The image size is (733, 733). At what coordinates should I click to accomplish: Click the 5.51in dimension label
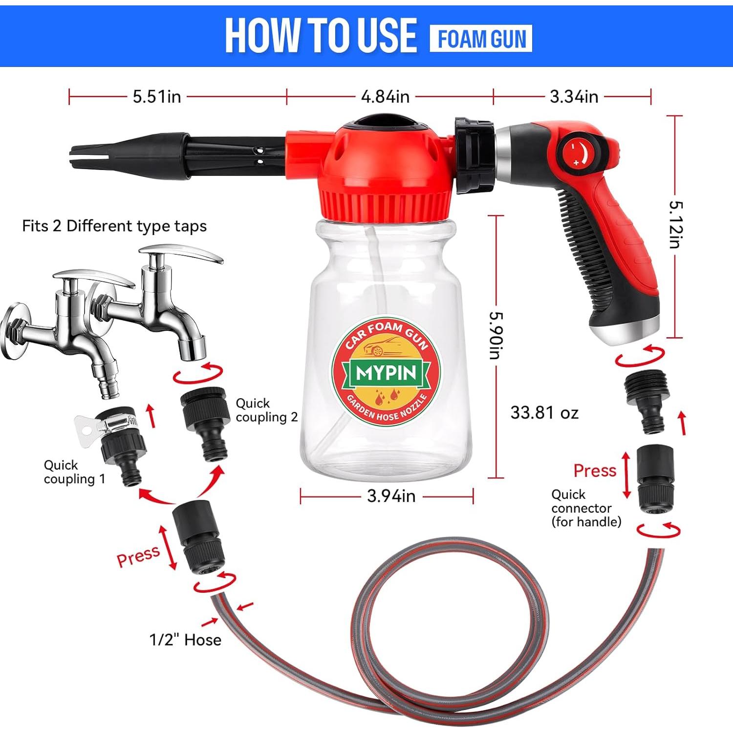click(157, 96)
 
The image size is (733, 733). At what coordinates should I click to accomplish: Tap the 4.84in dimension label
click(385, 96)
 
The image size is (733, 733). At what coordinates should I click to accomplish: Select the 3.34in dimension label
click(574, 96)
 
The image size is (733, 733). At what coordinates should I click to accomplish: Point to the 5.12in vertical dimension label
click(675, 225)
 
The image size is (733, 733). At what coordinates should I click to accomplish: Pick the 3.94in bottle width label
click(391, 496)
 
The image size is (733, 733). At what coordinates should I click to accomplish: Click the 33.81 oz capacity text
click(544, 412)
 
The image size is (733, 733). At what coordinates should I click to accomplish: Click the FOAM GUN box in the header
click(481, 39)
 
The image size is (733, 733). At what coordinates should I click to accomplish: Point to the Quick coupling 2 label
click(266, 410)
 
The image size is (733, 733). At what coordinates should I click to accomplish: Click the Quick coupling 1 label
click(74, 472)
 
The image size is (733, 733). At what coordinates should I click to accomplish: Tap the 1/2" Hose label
click(185, 640)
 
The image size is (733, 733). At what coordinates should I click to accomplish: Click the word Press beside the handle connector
click(595, 471)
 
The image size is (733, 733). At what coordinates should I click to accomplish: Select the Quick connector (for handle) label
click(586, 508)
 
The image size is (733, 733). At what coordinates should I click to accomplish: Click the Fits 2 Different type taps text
click(114, 226)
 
